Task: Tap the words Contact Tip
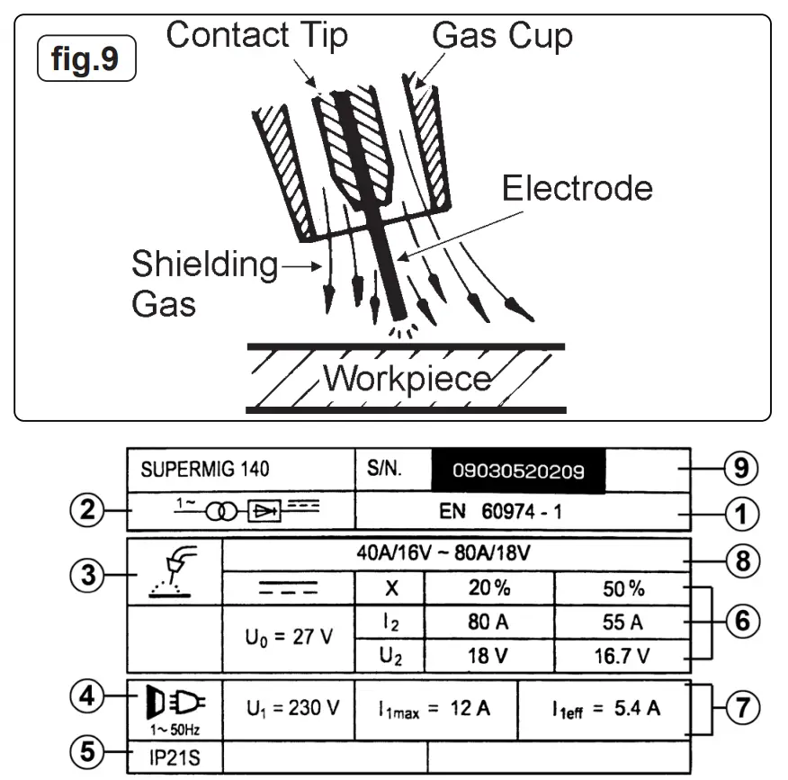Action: coord(256,36)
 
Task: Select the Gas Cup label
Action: coord(502,36)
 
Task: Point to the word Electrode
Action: coord(577,189)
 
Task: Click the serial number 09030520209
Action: coord(518,471)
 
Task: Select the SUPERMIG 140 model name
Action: coord(204,470)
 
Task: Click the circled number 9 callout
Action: coord(740,469)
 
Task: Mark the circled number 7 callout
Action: coord(741,707)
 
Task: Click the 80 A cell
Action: coord(489,621)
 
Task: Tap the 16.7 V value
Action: coord(621,656)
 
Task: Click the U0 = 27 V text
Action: coord(288,638)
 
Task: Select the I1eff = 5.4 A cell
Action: coord(606,708)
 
